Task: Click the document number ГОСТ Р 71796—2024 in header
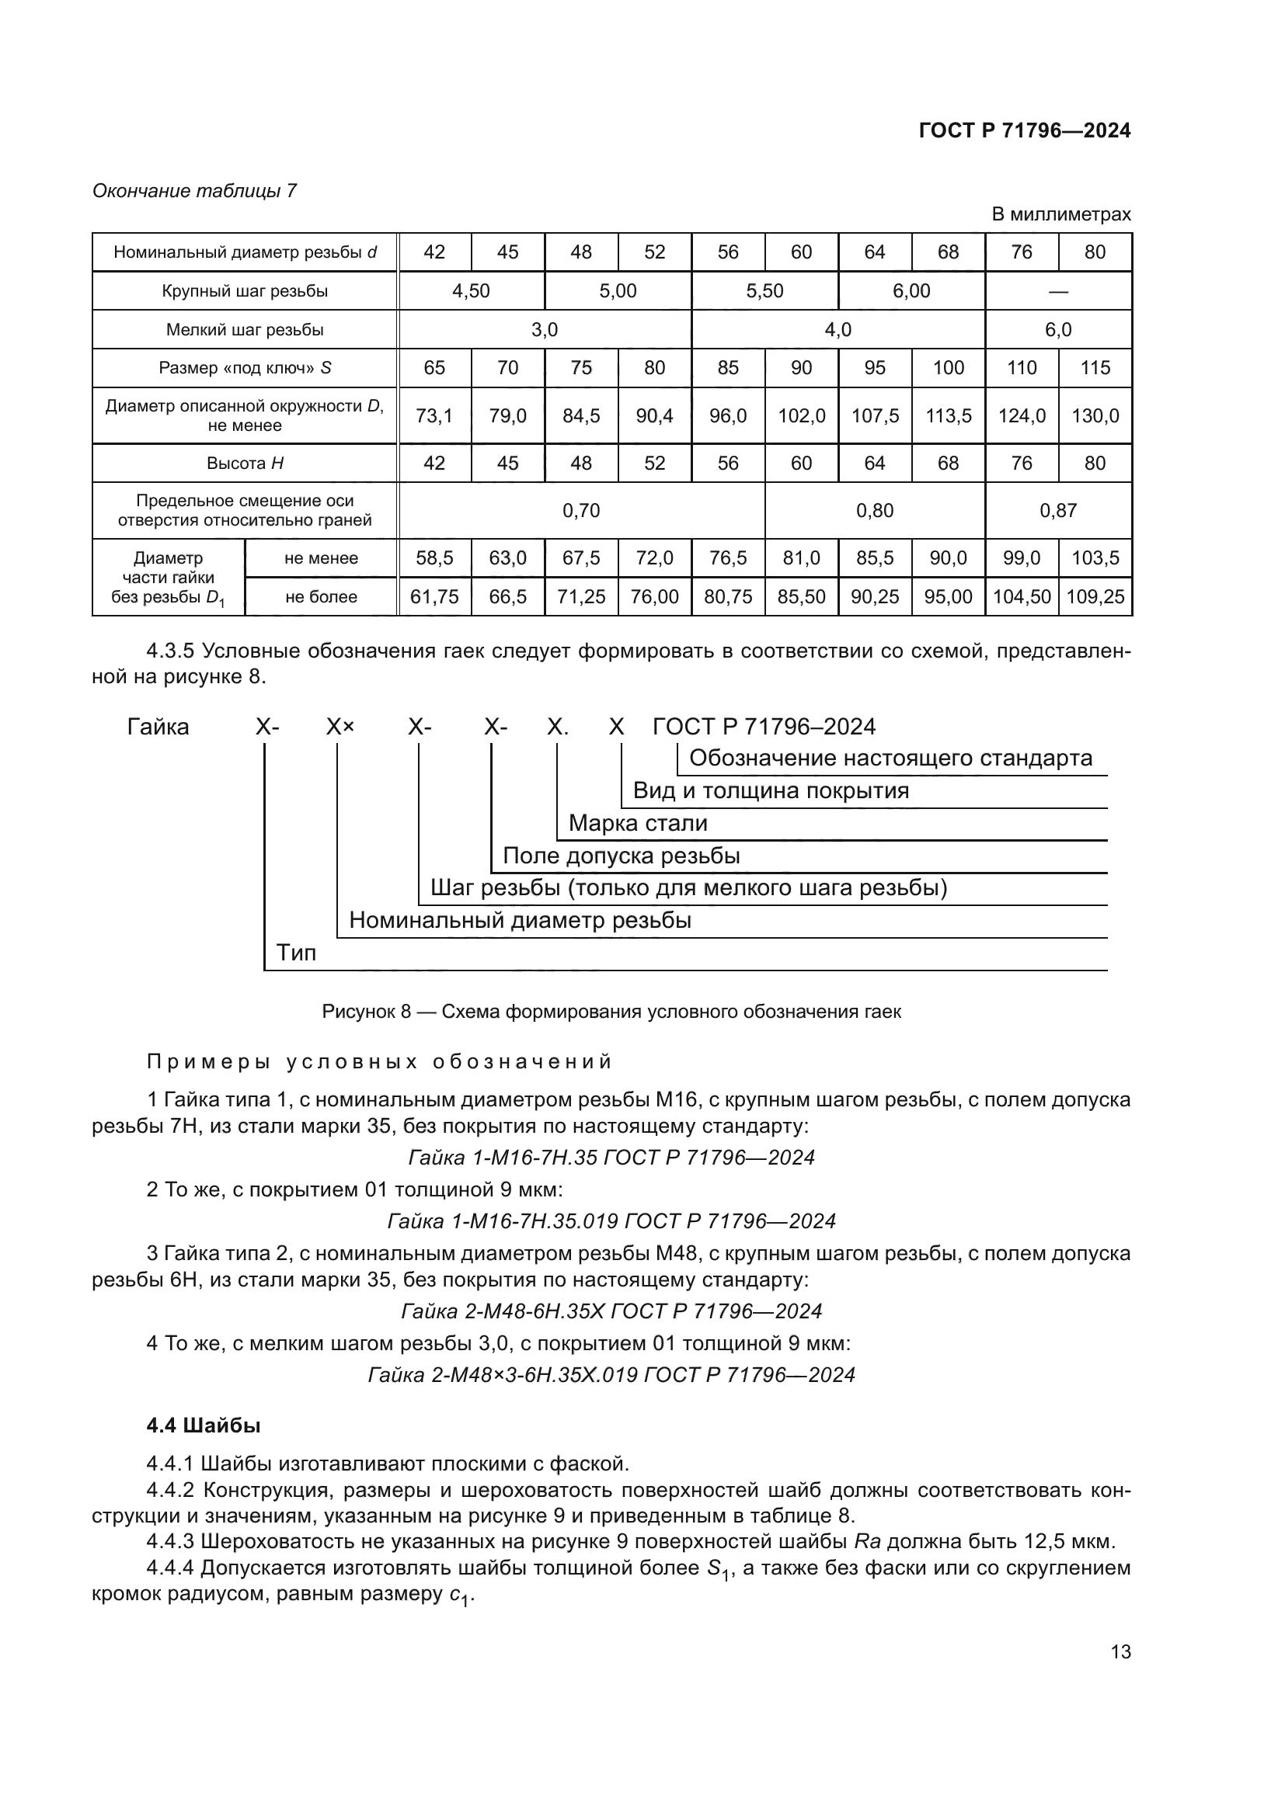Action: tap(1025, 130)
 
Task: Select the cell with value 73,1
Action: tap(434, 415)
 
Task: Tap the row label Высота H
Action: tap(245, 464)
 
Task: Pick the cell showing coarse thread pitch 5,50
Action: tap(764, 291)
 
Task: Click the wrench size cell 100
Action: tap(948, 368)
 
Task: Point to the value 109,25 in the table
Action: tap(1095, 597)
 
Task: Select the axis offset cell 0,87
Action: tap(1058, 511)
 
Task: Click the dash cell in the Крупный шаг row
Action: tap(1058, 291)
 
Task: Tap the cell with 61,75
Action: tap(434, 597)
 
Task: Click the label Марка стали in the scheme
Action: tap(638, 823)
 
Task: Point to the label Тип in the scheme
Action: tap(296, 953)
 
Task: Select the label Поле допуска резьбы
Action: tap(622, 856)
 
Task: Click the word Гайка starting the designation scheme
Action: tap(158, 727)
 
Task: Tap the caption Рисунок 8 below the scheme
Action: tap(611, 1012)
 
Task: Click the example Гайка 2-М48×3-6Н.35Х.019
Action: tap(611, 1375)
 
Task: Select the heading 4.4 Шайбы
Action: tap(204, 1425)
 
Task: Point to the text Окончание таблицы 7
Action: tap(195, 191)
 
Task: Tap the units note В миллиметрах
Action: tap(1060, 214)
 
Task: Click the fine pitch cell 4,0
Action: tap(838, 330)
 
